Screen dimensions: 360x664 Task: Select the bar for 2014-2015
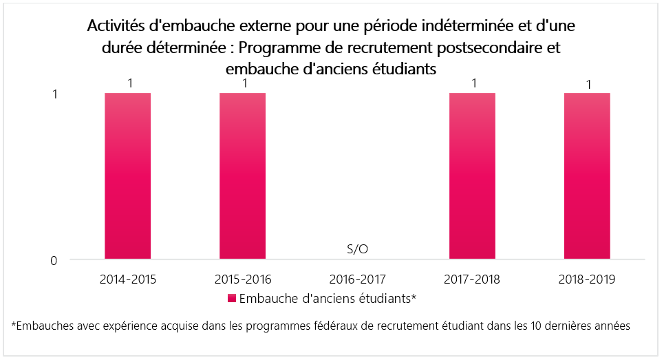coord(128,176)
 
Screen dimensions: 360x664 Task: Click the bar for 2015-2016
coord(242,176)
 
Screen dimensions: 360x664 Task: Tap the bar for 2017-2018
coord(472,176)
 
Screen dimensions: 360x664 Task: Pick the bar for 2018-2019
coord(587,176)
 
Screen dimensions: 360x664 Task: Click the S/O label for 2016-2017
coord(357,249)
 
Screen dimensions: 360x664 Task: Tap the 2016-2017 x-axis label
coord(357,279)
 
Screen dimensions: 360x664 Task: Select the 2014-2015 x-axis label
coord(128,279)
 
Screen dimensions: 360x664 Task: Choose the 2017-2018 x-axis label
coord(472,279)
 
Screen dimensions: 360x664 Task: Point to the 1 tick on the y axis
coord(54,94)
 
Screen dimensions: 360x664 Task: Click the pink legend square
coord(233,299)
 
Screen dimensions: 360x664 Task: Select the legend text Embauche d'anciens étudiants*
coord(329,299)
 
